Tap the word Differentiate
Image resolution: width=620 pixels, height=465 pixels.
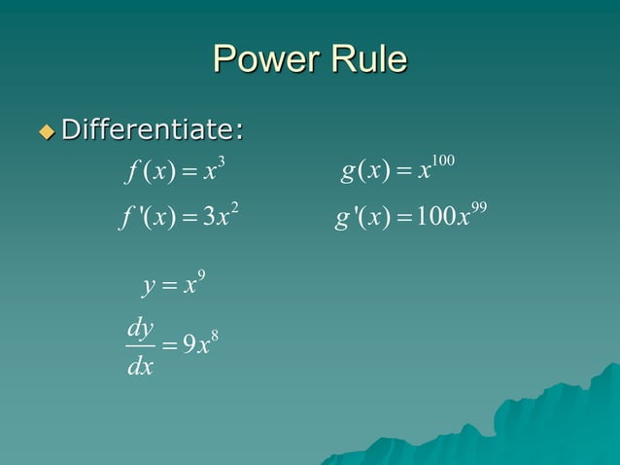coord(152,128)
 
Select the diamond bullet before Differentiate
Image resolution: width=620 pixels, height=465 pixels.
coord(46,129)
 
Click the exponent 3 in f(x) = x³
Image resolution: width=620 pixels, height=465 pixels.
coord(223,161)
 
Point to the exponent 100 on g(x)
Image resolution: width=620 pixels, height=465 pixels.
coord(443,160)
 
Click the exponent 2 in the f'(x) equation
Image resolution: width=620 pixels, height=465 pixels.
coord(233,204)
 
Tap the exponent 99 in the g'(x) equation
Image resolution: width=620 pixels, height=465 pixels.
coord(476,204)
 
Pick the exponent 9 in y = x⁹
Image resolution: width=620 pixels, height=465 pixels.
coord(199,274)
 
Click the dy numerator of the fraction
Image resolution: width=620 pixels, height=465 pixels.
coord(141,329)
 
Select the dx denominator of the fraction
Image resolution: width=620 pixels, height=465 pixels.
coord(141,369)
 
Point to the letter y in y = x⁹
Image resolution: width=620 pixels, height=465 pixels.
coord(148,288)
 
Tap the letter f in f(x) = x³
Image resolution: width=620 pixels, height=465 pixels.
coord(132,175)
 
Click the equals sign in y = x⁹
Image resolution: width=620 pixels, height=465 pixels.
coord(169,287)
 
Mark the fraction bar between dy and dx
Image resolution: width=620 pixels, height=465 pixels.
coord(141,347)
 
